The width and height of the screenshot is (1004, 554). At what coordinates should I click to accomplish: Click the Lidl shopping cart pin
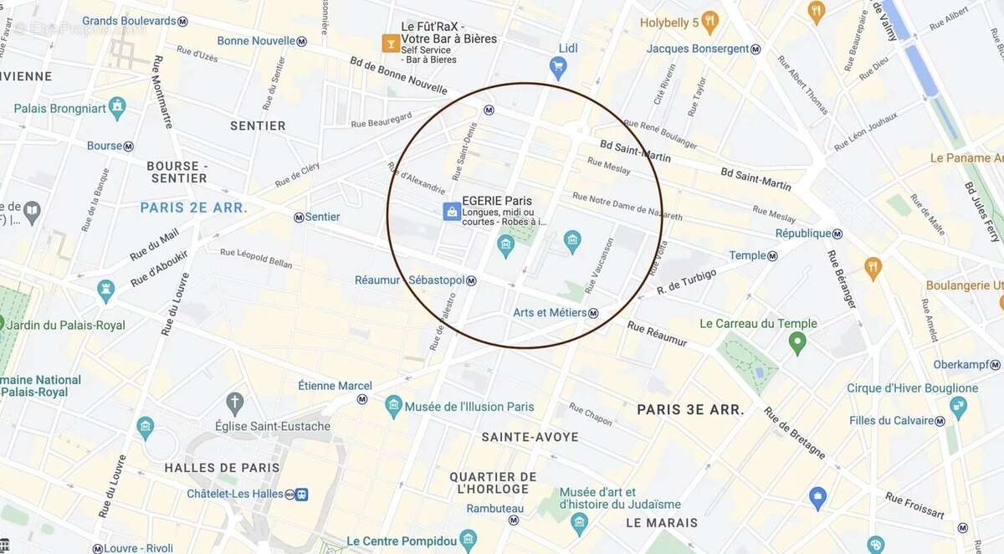[558, 68]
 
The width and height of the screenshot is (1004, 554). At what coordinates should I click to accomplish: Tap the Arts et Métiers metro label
[550, 313]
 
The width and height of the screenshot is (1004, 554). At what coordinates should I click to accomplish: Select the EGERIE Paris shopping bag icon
[452, 212]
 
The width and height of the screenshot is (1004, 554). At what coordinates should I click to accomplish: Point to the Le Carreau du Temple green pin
[797, 341]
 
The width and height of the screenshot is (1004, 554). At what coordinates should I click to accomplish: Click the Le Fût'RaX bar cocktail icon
[391, 43]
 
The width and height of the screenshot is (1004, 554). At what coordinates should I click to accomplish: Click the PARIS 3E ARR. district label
[690, 409]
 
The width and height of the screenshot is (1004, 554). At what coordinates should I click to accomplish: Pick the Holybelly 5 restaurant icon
[710, 22]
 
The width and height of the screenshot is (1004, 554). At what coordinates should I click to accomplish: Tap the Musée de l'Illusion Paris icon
[394, 407]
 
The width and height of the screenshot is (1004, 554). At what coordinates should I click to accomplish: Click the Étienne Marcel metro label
[335, 386]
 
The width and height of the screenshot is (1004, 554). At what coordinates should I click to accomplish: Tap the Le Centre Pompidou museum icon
[468, 540]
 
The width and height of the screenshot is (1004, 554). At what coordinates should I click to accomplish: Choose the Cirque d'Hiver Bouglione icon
[958, 407]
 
